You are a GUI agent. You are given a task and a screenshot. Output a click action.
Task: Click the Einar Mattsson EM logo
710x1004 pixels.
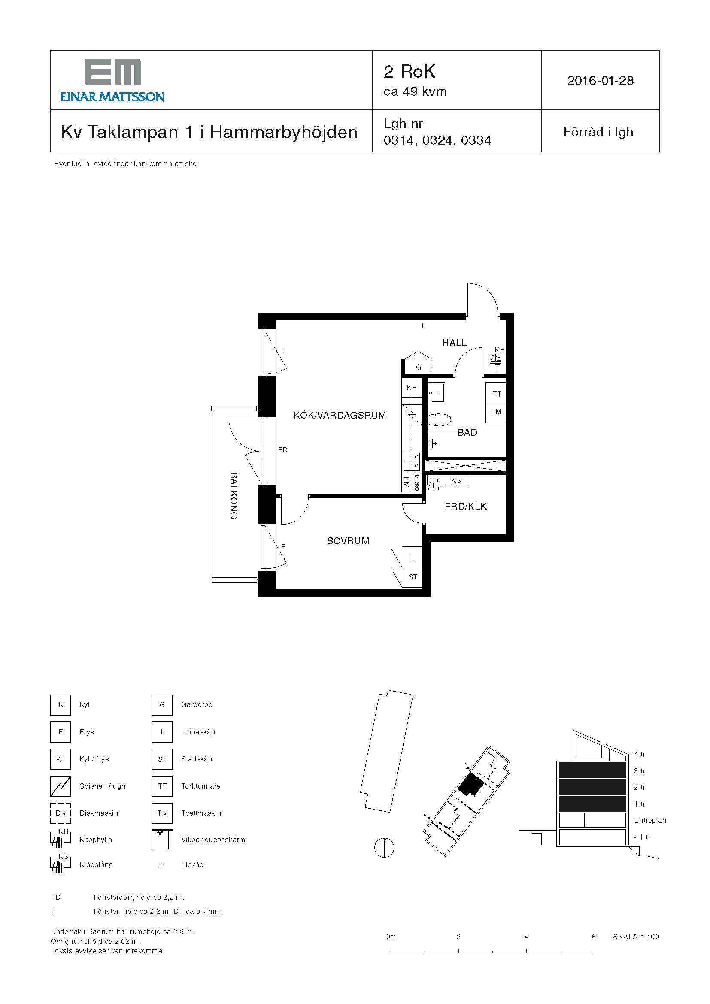(x=112, y=80)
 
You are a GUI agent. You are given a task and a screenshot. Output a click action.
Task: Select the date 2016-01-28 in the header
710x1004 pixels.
(x=600, y=80)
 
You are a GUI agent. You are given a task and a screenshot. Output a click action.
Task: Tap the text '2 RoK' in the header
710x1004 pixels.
(x=410, y=72)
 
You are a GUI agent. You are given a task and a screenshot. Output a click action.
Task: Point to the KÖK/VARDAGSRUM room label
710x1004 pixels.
(x=340, y=415)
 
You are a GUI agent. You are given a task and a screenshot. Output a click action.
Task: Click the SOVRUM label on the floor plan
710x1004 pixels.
(x=348, y=541)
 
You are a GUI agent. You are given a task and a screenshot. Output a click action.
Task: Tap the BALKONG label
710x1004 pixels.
(x=234, y=495)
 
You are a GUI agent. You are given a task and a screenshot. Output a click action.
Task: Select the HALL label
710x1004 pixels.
(x=454, y=343)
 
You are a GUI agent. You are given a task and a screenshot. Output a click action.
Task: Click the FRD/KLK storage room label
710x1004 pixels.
(x=466, y=507)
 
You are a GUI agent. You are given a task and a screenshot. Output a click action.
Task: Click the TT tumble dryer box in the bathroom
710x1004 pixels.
(x=496, y=394)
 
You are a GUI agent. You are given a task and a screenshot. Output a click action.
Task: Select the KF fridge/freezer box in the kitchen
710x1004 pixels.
(x=411, y=388)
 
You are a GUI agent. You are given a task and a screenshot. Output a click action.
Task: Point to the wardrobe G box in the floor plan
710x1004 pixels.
(x=418, y=367)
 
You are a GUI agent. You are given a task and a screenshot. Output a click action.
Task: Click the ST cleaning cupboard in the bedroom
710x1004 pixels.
(x=412, y=577)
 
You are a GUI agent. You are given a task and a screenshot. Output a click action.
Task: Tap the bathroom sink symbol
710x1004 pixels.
(x=437, y=392)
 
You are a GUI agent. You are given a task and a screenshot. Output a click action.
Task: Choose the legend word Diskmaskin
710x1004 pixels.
(x=99, y=813)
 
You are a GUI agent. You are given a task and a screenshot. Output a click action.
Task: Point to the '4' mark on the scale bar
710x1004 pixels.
(x=526, y=937)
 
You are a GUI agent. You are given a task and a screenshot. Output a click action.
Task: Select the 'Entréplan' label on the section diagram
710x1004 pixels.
(x=649, y=820)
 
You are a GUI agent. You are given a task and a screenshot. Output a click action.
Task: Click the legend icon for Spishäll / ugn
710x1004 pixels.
(x=61, y=786)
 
